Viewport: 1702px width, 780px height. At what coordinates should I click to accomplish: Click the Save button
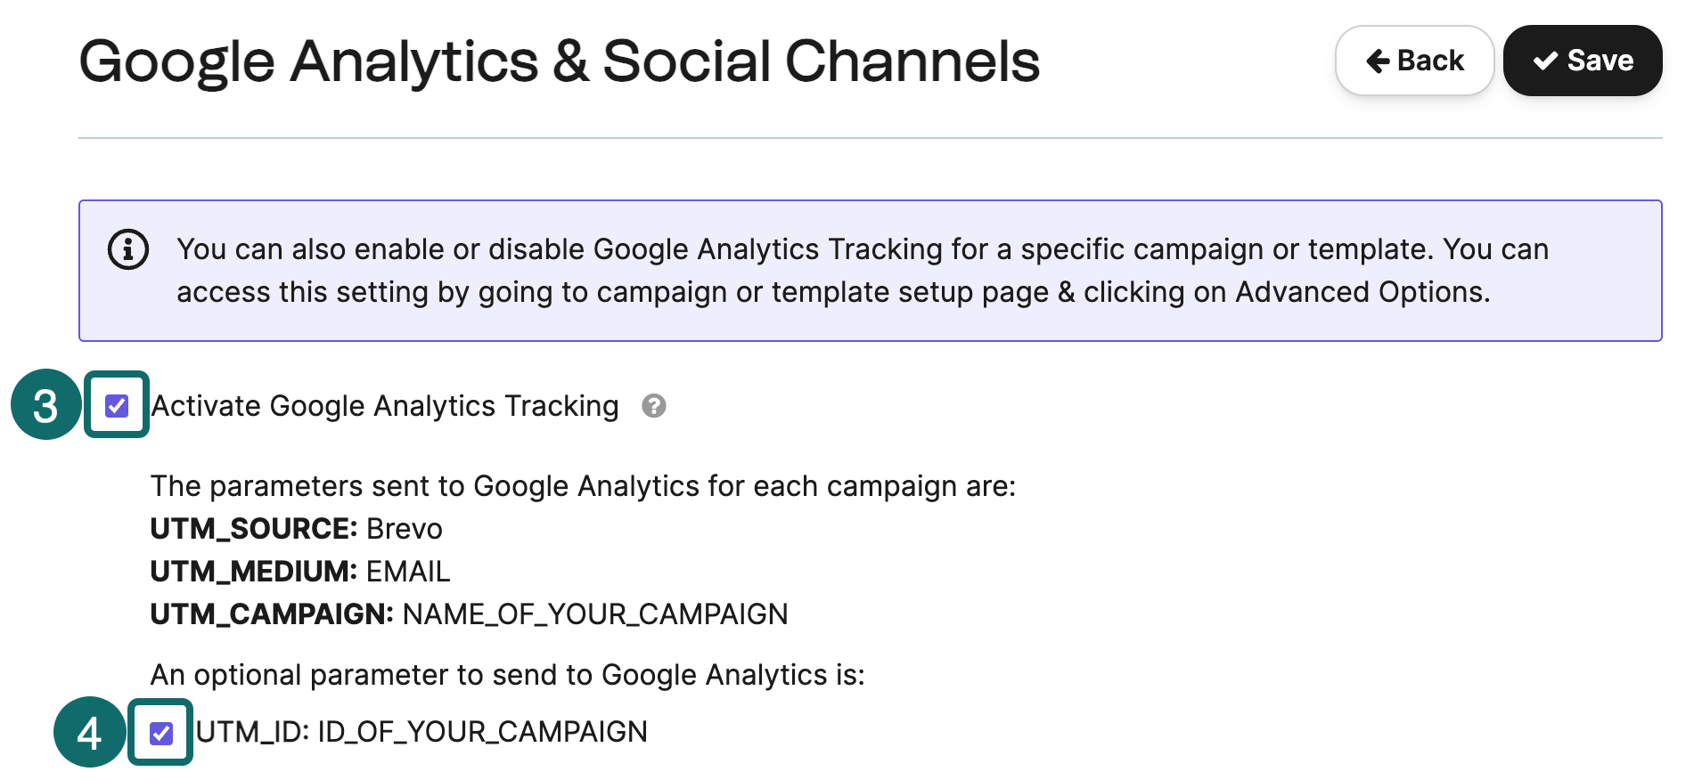pos(1582,61)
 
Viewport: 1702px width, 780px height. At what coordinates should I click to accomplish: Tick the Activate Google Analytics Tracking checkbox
pos(117,406)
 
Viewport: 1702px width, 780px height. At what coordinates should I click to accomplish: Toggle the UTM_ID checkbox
pos(161,733)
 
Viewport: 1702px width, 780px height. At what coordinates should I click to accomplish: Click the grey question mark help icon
pos(654,406)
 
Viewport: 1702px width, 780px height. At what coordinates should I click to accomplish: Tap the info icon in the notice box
pos(128,249)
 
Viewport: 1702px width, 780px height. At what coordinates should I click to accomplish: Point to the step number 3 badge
pos(45,405)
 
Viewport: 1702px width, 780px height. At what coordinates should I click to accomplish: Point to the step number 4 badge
pos(89,733)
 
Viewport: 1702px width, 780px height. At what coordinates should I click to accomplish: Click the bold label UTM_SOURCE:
pos(254,529)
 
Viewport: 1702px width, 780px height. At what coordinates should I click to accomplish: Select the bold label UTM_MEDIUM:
pos(254,572)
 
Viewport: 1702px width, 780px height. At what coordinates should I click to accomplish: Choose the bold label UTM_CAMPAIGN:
pos(272,614)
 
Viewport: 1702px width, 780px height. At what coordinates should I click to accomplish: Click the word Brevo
pos(405,529)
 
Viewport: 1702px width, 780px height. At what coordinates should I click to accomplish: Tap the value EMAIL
pos(408,572)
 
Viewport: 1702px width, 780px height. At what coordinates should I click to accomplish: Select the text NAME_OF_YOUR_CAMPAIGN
pos(595,614)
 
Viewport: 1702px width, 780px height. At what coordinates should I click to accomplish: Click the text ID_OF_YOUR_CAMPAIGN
pos(483,732)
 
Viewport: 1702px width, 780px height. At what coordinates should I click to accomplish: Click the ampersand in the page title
pos(570,61)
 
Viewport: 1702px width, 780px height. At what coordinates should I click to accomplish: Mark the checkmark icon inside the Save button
pos(1545,61)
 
